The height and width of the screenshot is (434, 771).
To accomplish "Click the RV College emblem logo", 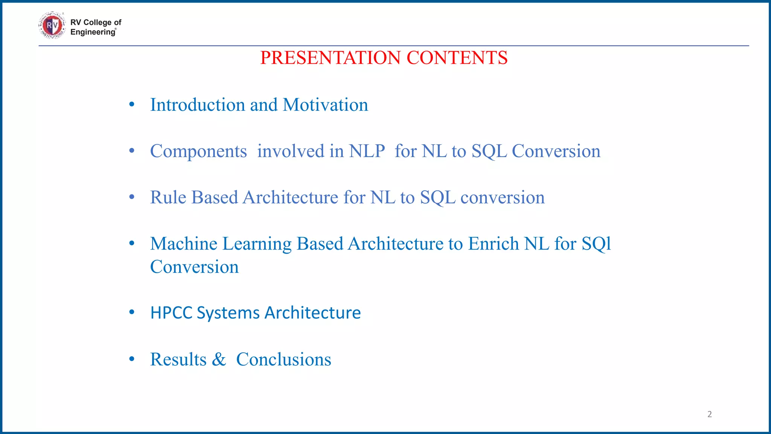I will pos(52,26).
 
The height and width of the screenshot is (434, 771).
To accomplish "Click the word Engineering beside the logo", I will pos(93,32).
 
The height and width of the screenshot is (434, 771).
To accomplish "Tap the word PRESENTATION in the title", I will pos(330,58).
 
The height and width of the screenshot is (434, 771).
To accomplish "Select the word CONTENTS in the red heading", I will pos(457,58).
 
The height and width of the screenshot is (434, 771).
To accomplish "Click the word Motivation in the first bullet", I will pos(325,105).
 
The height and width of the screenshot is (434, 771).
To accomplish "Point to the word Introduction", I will pos(198,105).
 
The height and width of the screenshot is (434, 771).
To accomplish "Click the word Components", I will pos(198,151).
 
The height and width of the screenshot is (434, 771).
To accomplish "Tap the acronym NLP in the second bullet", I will pos(367,151).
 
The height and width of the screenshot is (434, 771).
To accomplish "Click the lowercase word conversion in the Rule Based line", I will pos(502,197).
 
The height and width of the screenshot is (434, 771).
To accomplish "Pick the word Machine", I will pos(184,244).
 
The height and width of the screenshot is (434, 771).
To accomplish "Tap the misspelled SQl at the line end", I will pos(596,244).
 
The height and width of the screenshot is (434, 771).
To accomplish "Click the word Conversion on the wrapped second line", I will pos(194,267).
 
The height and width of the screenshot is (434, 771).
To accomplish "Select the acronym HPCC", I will pos(171,313).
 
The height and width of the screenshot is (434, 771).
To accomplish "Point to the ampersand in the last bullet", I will pos(219,359).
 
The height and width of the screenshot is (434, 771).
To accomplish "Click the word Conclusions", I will pos(283,359).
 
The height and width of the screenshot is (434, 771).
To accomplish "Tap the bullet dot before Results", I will pos(131,359).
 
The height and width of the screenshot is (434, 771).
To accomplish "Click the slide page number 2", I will pos(709,414).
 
